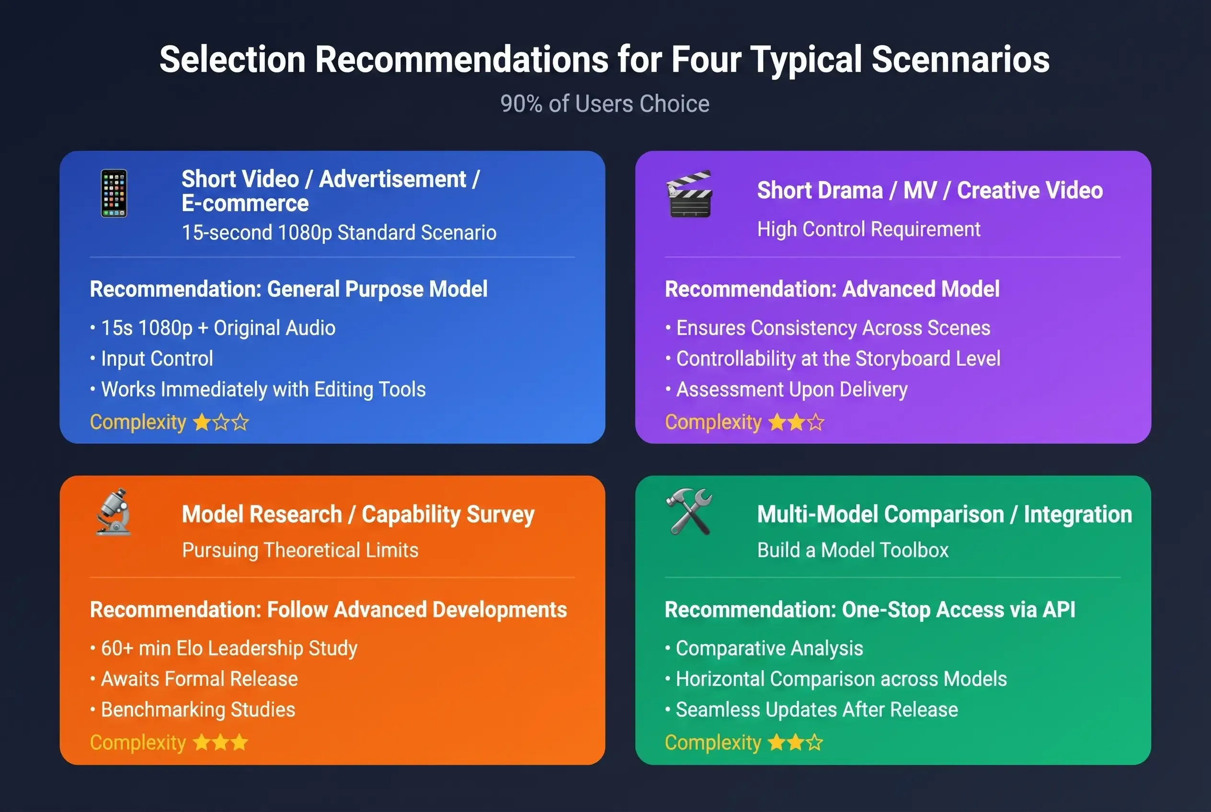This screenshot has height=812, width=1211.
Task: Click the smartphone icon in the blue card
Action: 114,193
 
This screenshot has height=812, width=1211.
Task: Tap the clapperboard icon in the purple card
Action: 689,194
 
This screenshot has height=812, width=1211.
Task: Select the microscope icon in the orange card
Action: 114,511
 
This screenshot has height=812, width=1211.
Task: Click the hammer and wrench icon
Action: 689,511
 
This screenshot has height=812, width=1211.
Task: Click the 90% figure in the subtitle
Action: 521,103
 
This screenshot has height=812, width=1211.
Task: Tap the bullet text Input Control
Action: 157,358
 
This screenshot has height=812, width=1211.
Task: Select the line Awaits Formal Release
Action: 199,678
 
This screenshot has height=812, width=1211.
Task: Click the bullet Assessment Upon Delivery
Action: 792,389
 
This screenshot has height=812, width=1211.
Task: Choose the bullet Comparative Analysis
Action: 769,648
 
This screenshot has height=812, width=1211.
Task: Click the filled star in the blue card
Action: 202,423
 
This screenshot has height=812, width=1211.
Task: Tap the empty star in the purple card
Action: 816,423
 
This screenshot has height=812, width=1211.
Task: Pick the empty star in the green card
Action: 814,743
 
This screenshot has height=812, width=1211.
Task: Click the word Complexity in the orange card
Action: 138,743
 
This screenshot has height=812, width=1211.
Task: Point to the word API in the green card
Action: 1059,609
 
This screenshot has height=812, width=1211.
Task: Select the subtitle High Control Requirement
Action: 869,229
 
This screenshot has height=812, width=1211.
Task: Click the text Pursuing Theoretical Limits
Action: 300,550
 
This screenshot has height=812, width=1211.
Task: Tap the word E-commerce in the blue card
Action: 245,203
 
